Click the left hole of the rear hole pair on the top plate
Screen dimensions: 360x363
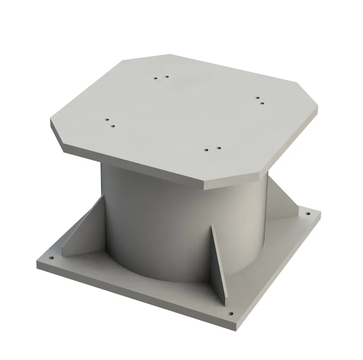coord(156,78)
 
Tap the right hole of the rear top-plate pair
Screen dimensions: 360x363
coord(166,76)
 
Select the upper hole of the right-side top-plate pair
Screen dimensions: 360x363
coord(257,97)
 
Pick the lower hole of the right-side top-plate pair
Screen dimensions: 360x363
coord(262,103)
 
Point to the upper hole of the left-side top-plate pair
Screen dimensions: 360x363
coord(107,120)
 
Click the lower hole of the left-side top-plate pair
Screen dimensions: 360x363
coord(113,126)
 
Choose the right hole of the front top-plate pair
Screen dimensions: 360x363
coord(218,148)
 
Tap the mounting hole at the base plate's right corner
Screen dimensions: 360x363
coord(307,214)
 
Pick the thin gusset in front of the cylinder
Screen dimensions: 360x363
coord(219,262)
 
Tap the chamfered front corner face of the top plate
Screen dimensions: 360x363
coord(231,183)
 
